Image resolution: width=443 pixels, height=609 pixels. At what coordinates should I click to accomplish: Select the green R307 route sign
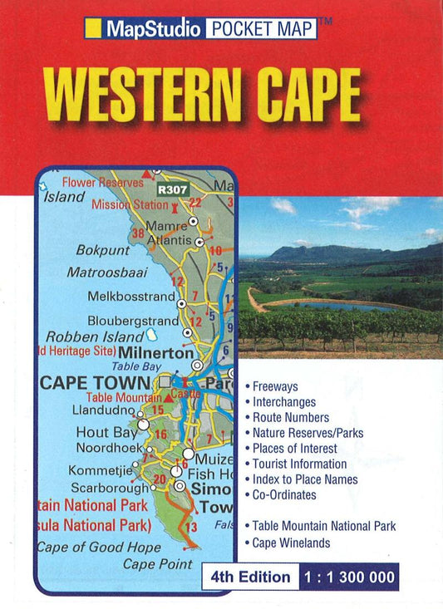(175, 189)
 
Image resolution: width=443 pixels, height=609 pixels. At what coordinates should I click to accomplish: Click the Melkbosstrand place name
(131, 296)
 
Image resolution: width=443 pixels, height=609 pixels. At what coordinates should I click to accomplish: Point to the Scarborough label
(109, 487)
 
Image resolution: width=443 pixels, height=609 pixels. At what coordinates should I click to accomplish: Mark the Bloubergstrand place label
(133, 321)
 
